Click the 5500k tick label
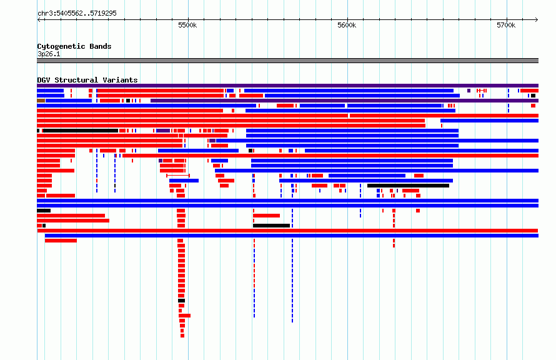[187, 25]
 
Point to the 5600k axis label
[347, 25]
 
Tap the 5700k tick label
[506, 25]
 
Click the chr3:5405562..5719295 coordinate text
[77, 14]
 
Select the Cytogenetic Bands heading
[74, 46]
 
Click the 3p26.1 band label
[49, 54]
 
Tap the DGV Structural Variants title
[87, 80]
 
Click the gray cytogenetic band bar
[287, 61]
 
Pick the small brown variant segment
[41, 101]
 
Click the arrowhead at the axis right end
[537, 20]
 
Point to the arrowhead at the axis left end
[39, 20]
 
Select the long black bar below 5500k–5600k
[271, 226]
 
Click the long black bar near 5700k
[408, 186]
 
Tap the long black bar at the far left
[81, 131]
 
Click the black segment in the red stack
[181, 301]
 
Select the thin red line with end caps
[178, 176]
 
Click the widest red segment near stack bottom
[184, 316]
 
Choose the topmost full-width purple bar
[287, 86]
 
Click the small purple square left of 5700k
[469, 91]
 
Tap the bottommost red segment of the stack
[182, 336]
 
